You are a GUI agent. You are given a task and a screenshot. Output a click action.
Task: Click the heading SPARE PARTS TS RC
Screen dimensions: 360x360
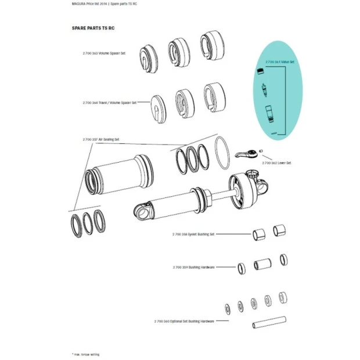pyautogui.click(x=93, y=27)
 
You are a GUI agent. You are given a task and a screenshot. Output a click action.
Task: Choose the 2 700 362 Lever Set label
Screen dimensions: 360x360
pyautogui.click(x=276, y=163)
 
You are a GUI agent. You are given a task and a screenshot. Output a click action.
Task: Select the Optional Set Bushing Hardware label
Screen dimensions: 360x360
pyautogui.click(x=184, y=321)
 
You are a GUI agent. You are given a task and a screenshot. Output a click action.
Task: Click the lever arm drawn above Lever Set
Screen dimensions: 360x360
pyautogui.click(x=247, y=154)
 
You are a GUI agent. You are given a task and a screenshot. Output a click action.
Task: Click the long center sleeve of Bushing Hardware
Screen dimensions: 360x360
pyautogui.click(x=261, y=265)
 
